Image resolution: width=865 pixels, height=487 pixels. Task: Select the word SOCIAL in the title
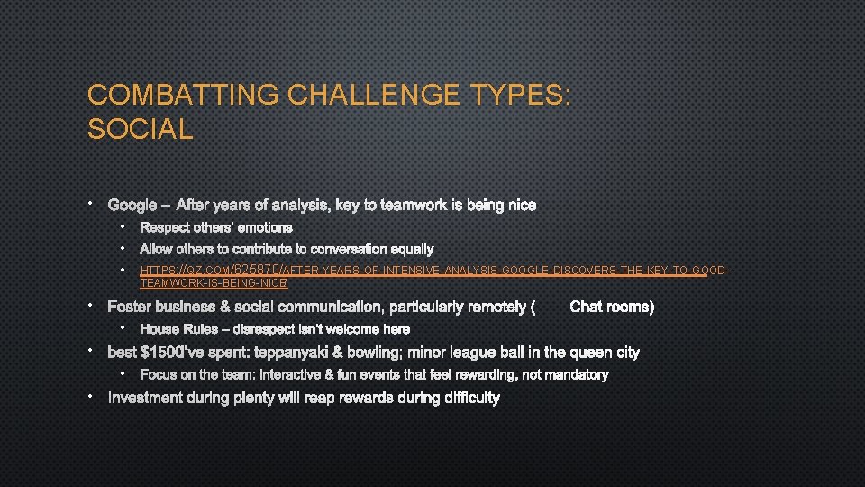point(140,129)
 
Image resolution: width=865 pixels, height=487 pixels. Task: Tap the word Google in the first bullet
point(132,206)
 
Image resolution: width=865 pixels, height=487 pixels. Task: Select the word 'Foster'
point(130,308)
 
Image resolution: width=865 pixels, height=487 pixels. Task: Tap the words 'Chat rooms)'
point(612,308)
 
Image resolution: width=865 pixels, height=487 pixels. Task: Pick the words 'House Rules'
point(178,329)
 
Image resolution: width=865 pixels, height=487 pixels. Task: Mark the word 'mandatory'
point(576,374)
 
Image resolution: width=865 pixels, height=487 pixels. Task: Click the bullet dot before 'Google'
point(92,204)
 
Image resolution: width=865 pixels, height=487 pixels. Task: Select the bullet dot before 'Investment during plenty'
point(92,396)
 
